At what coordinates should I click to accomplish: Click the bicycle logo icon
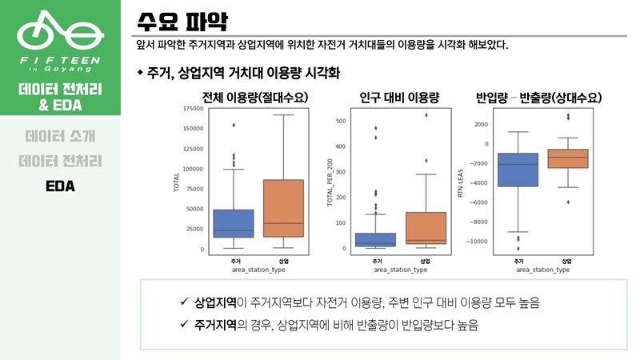coord(60,30)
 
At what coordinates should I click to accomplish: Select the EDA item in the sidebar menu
coord(60,186)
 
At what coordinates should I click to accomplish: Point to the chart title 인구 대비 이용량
coord(400,98)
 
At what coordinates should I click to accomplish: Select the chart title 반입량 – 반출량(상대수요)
coord(538,98)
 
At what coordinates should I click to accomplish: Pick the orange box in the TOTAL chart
coord(283,208)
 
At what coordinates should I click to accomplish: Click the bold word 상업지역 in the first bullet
coord(215,302)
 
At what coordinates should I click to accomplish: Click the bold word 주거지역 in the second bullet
coord(215,325)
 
